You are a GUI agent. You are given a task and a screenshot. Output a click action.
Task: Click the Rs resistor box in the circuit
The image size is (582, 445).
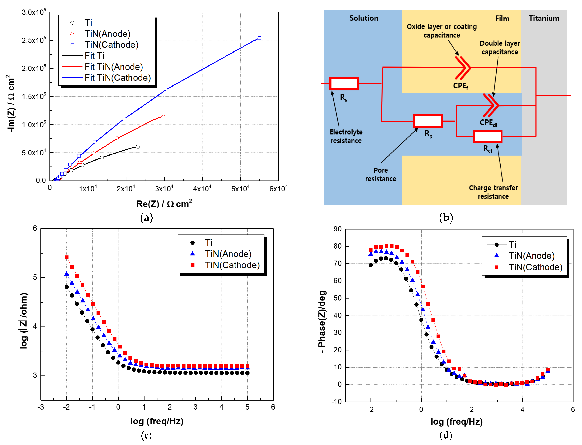(x=344, y=84)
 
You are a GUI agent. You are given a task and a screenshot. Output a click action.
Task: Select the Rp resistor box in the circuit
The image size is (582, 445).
(x=428, y=121)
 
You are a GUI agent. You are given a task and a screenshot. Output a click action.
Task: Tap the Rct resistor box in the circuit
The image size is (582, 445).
(x=488, y=137)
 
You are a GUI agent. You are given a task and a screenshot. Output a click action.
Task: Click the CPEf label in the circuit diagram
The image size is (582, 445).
(x=460, y=86)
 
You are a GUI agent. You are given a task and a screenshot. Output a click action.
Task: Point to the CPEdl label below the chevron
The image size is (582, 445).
(x=488, y=123)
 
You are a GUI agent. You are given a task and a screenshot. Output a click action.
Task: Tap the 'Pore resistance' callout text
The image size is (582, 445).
(x=381, y=175)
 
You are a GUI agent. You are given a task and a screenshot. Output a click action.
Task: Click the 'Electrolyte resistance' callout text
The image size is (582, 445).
(x=346, y=136)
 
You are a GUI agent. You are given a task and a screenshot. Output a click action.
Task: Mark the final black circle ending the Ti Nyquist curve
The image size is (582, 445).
(x=138, y=147)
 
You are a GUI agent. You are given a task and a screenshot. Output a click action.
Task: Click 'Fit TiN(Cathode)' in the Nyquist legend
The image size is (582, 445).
(x=117, y=78)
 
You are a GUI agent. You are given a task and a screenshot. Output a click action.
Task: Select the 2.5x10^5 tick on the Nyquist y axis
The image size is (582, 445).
(x=34, y=41)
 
